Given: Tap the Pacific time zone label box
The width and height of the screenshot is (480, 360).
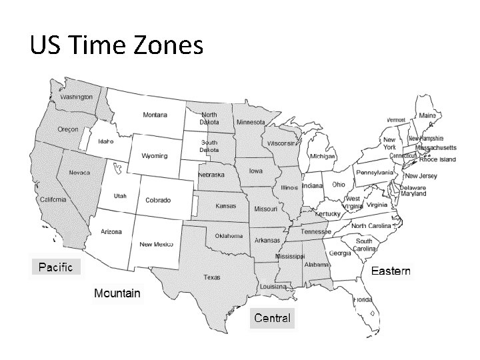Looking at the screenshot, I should click(x=56, y=267).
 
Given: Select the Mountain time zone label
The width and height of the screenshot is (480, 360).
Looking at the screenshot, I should click(x=117, y=293).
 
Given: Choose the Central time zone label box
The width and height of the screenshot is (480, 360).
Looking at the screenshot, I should click(x=272, y=318).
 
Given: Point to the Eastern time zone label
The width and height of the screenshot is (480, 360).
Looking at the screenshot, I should click(x=391, y=271).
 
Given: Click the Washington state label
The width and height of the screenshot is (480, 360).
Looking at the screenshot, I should click(x=77, y=97).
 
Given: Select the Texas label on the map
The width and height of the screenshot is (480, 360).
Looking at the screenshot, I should click(x=212, y=277).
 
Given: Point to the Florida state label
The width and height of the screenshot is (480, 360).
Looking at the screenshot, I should click(x=363, y=300).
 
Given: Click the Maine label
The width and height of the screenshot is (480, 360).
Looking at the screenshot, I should click(x=427, y=115).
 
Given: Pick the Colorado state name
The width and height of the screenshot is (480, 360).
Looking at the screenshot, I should click(x=158, y=200).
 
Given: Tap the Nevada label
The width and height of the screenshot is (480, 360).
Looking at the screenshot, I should click(x=79, y=172).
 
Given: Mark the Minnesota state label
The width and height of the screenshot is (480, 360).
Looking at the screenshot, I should click(x=251, y=123).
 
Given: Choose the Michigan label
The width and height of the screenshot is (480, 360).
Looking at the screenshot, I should click(x=322, y=156).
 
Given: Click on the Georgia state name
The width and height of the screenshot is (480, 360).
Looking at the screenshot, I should click(x=340, y=253).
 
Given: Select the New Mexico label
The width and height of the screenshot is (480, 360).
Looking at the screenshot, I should click(x=156, y=245).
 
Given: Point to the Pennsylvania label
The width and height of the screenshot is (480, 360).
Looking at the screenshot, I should click(x=375, y=172).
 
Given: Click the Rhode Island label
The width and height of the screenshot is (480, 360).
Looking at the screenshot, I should click(x=437, y=160).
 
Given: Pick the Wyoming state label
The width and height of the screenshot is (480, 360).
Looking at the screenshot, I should click(x=154, y=156).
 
